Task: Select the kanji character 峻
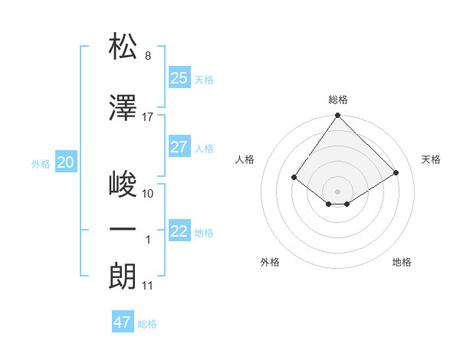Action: (x=123, y=185)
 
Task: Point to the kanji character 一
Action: (x=123, y=229)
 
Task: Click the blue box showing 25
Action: (x=179, y=77)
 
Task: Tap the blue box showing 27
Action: (x=179, y=146)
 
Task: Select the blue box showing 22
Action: (x=179, y=231)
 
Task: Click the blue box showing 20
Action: (x=66, y=162)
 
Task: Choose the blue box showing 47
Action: (x=123, y=322)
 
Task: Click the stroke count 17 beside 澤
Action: (x=148, y=117)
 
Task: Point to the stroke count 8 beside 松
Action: (x=148, y=56)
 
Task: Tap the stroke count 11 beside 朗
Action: (x=148, y=286)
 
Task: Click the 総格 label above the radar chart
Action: (x=337, y=100)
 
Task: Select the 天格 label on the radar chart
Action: (x=432, y=159)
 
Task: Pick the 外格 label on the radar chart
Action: (x=270, y=262)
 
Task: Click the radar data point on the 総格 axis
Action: (x=337, y=116)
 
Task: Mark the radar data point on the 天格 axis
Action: (x=396, y=172)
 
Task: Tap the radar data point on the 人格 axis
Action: (x=294, y=177)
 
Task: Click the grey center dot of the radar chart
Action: (x=337, y=191)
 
